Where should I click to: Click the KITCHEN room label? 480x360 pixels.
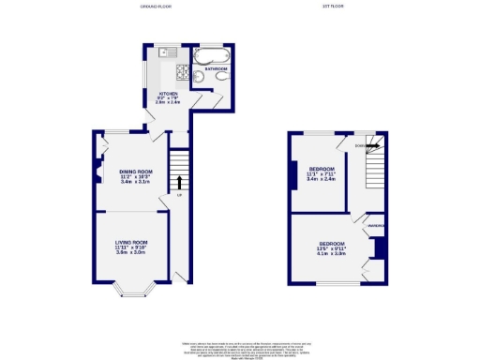pos(169,94)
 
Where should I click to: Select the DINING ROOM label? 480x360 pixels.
pos(135,171)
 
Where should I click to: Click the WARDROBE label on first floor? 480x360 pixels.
pos(377,226)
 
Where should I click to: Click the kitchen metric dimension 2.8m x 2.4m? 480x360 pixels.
pos(169,105)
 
